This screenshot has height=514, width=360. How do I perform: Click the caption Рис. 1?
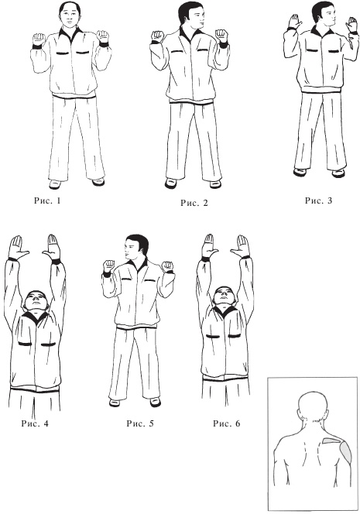(47, 200)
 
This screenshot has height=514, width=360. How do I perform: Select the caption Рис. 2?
(194, 203)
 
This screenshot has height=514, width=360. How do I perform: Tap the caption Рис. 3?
(318, 200)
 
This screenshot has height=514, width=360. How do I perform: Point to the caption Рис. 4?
(35, 423)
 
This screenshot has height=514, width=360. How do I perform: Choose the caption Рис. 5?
(140, 423)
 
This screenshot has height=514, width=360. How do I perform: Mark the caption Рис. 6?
(227, 423)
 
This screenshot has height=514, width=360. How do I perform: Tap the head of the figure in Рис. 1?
(70, 15)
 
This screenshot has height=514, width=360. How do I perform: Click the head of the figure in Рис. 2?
(190, 16)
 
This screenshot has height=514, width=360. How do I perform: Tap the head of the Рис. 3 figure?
(324, 15)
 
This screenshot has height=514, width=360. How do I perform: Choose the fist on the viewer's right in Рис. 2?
(221, 35)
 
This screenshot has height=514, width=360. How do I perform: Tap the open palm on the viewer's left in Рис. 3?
(295, 22)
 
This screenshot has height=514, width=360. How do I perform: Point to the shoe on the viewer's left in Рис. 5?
(115, 402)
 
